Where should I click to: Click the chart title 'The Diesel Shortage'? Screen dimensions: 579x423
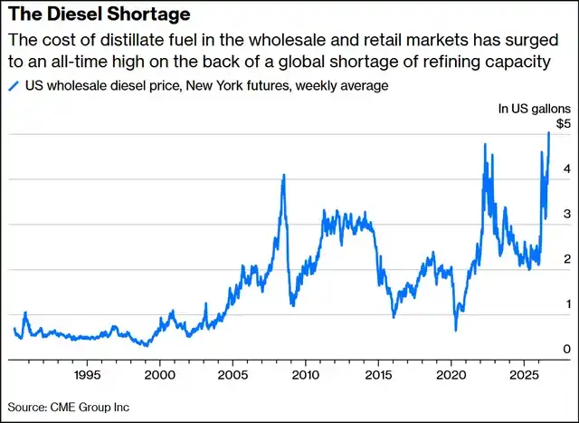point(100,14)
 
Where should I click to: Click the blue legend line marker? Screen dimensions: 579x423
point(14,86)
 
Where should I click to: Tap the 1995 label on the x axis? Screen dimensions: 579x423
point(87,375)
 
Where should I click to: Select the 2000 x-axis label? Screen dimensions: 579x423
point(160,375)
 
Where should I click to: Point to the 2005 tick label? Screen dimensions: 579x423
point(233,375)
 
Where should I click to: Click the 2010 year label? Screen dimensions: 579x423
point(306,375)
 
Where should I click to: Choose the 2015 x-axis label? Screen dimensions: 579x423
point(378,375)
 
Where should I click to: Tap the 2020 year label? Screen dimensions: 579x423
point(451,375)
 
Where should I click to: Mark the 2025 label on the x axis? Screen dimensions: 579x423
point(524,375)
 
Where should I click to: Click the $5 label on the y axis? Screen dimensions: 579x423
point(564,124)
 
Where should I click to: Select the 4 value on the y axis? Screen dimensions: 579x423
point(567,168)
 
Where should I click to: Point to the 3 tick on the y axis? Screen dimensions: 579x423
point(567,214)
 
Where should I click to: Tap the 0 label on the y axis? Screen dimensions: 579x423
point(567,349)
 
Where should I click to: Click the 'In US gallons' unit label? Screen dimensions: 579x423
point(535,109)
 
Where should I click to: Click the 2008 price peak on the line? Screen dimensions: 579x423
point(283,175)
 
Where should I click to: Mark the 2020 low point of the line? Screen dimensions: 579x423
point(456,331)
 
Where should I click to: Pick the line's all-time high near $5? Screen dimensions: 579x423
point(549,132)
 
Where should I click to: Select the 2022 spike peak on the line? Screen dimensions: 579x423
point(485,144)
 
